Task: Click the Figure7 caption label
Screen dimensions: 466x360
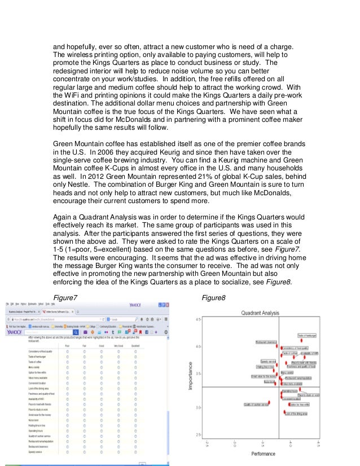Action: (65, 298)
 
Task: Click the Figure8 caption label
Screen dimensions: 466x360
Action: (213, 298)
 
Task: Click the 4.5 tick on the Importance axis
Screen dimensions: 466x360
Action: (197, 320)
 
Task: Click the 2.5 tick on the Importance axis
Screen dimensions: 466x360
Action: (197, 434)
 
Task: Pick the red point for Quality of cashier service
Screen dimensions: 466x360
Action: (270, 403)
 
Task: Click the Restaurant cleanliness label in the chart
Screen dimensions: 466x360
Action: (266, 342)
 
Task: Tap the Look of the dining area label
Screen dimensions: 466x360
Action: (297, 414)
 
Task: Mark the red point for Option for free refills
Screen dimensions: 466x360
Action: (289, 404)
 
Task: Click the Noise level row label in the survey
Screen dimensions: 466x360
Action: (33, 419)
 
